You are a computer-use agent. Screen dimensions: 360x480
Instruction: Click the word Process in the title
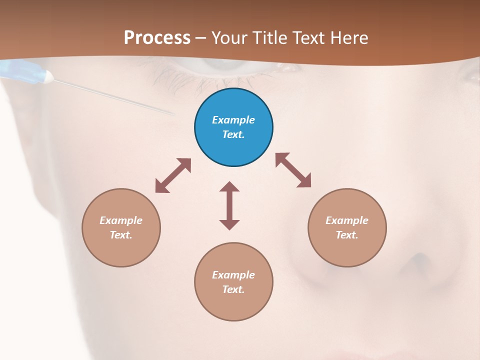(x=157, y=38)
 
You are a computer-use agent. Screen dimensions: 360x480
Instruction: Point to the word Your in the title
(x=229, y=38)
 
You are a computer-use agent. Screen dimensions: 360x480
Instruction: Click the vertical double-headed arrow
(x=229, y=205)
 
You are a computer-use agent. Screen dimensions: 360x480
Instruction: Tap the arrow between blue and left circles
(x=173, y=175)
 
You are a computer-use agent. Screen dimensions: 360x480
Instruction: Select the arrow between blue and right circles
(x=293, y=170)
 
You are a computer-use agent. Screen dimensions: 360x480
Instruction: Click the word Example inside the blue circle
(x=233, y=120)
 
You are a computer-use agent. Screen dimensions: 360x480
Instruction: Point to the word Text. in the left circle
(x=121, y=235)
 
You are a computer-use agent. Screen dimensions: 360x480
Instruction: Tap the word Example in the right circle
(x=347, y=220)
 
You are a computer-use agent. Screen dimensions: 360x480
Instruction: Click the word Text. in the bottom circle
(x=233, y=289)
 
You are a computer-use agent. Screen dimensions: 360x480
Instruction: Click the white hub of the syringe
(x=48, y=76)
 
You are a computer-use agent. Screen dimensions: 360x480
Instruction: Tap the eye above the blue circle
(x=220, y=67)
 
